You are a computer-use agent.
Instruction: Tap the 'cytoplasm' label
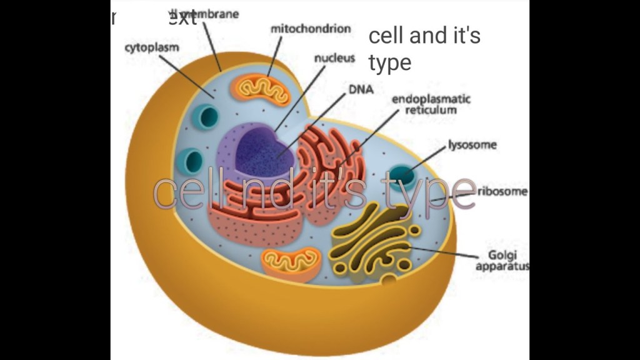tap(152, 47)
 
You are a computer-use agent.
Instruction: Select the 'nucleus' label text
tap(334, 58)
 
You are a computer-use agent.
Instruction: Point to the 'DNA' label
tap(361, 89)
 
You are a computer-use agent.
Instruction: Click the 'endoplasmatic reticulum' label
tap(431, 104)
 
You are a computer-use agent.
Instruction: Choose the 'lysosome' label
tap(472, 145)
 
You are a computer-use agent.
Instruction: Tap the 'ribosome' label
tap(502, 191)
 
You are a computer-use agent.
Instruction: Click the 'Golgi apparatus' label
tap(502, 261)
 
